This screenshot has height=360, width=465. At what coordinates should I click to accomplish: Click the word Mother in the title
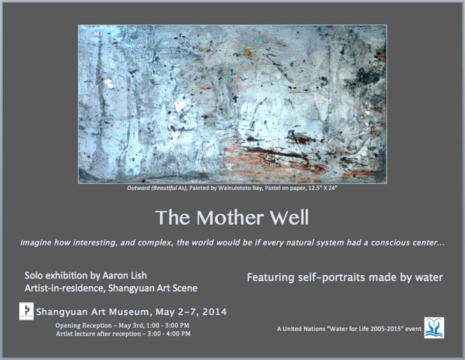click(230, 218)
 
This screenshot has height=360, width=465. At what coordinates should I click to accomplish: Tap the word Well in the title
click(289, 218)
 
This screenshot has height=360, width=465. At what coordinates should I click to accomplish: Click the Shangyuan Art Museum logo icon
click(26, 311)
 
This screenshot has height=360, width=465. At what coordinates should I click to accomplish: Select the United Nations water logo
click(434, 328)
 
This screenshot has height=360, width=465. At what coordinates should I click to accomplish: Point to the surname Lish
click(138, 276)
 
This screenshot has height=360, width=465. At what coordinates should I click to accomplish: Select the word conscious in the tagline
click(390, 243)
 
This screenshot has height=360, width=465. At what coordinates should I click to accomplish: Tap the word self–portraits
click(331, 278)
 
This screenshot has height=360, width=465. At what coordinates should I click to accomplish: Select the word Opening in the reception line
click(68, 326)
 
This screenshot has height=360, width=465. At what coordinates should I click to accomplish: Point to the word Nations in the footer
click(315, 329)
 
